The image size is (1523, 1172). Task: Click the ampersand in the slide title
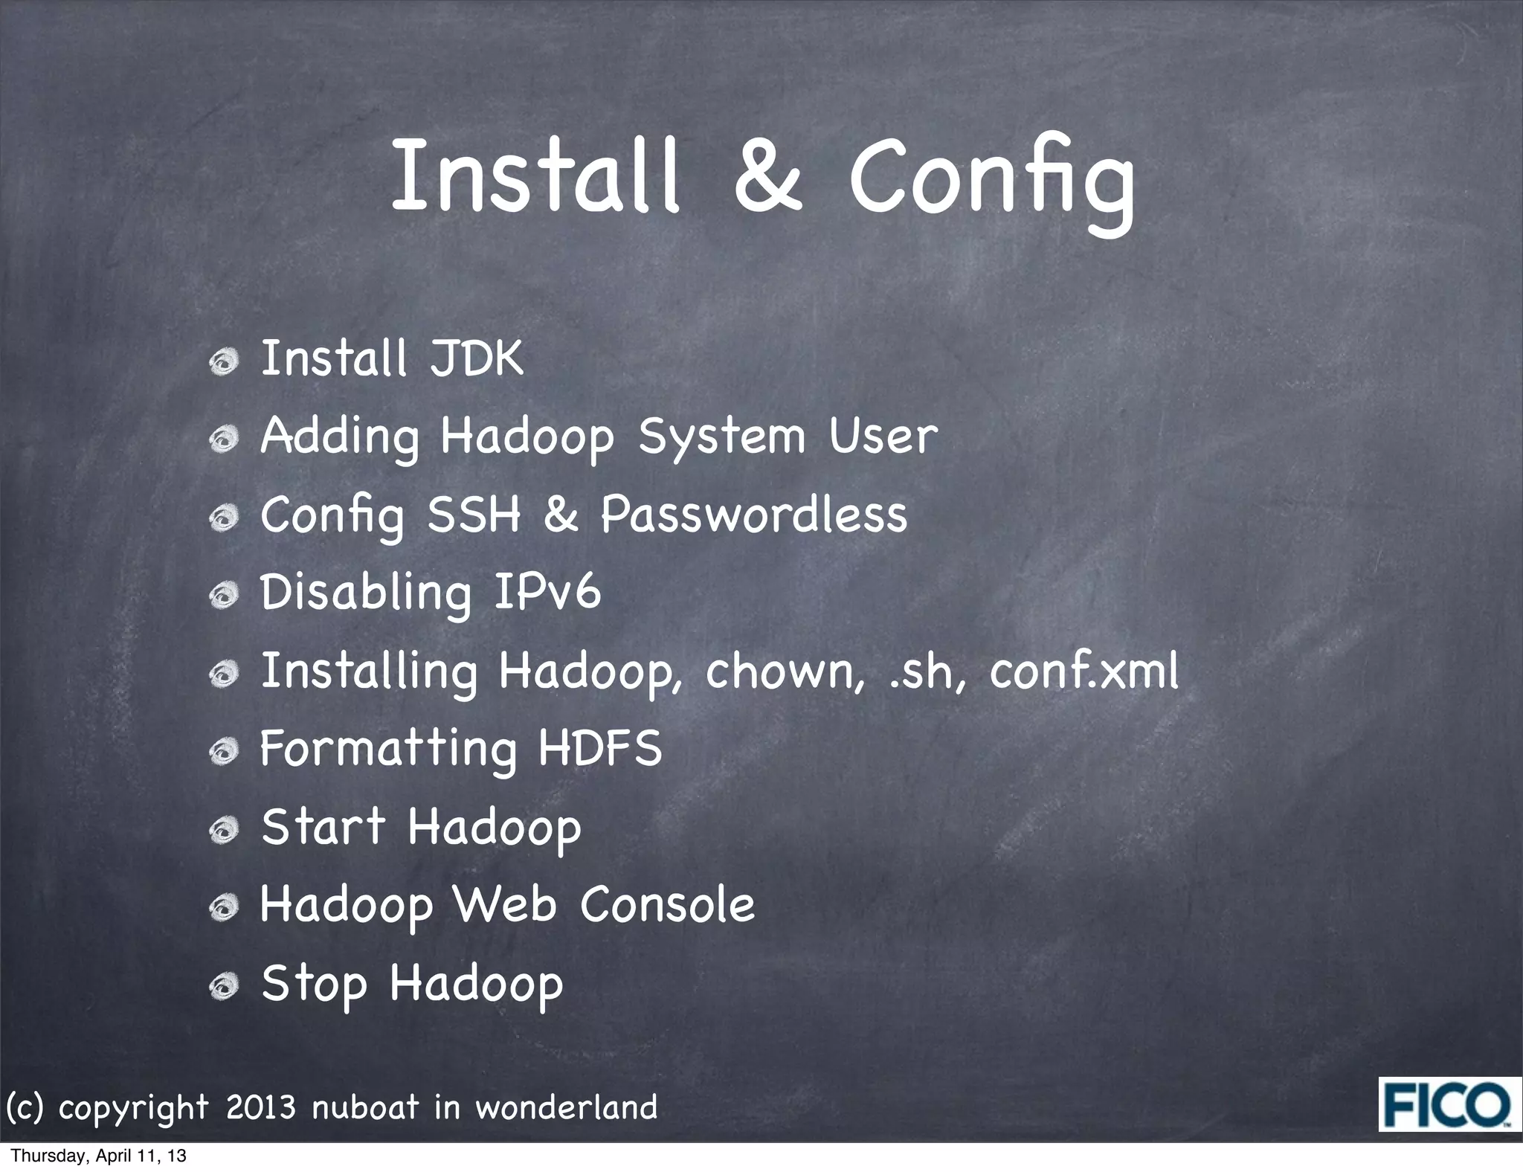point(768,175)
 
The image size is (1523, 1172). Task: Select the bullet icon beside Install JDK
point(223,363)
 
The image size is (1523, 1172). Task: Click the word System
point(722,437)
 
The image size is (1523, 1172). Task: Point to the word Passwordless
point(753,515)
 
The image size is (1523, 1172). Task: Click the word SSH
point(474,515)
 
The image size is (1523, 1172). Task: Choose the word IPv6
point(547,593)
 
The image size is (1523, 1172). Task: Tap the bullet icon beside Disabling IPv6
point(223,596)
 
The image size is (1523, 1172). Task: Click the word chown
point(785,671)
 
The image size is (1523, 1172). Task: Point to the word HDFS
point(599,749)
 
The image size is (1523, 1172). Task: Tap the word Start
point(323,827)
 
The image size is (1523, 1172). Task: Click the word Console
point(667,905)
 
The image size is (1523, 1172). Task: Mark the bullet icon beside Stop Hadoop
point(223,988)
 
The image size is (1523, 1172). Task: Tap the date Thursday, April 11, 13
point(99,1156)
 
